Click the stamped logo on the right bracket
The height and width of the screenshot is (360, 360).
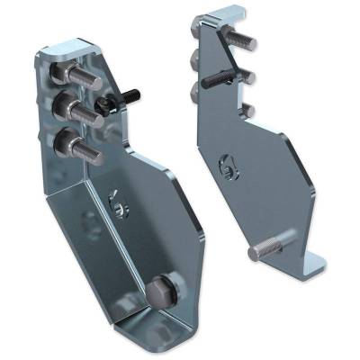(226, 164)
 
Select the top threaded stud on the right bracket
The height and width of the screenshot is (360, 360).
(243, 40)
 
